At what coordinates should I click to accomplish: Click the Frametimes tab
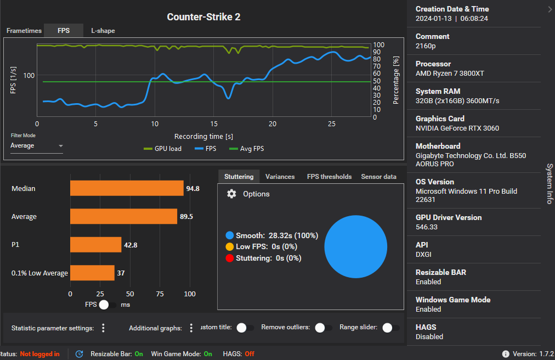pos(24,31)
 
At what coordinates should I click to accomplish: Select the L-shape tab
pos(103,31)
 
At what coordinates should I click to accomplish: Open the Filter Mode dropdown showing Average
pos(36,146)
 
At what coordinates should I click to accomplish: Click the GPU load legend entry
pos(162,149)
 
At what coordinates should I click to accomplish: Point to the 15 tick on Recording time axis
pos(214,124)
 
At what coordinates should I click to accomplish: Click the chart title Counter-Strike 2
pos(203,17)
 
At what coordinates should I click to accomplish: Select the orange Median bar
pos(127,188)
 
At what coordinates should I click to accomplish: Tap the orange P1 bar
pos(95,245)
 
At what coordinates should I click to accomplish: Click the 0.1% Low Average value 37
pos(121,273)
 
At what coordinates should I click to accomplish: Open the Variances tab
pos(280,177)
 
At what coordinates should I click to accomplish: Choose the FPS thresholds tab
pos(329,177)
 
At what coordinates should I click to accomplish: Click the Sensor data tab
pos(378,177)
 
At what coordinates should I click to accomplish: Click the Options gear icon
pos(231,194)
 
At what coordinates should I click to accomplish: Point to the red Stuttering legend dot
pos(230,258)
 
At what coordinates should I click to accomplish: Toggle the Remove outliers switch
pos(324,328)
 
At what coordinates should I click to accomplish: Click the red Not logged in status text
pos(39,354)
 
